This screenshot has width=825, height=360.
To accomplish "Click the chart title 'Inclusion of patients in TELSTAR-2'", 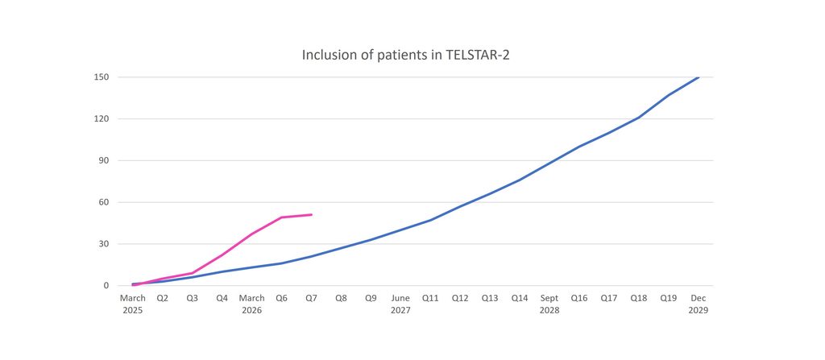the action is (406, 55).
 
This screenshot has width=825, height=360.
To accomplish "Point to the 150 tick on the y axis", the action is (101, 77).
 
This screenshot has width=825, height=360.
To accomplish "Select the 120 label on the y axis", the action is (101, 119).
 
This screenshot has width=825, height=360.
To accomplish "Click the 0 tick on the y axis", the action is (106, 286).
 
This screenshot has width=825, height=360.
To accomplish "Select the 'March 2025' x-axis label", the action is (133, 304).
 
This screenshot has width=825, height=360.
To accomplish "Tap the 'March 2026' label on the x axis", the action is (252, 304).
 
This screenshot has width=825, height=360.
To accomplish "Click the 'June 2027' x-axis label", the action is (400, 304).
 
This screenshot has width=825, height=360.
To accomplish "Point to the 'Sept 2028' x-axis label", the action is (549, 304).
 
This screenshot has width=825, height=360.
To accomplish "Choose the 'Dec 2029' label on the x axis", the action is (699, 304).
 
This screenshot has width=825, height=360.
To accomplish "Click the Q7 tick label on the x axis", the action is (312, 299).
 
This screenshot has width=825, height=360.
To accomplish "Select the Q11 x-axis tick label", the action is (430, 299).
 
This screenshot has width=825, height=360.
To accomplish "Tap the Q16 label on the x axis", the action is (579, 299).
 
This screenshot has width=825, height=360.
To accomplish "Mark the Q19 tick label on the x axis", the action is (669, 299).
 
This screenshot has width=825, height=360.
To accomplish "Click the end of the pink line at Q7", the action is (312, 215).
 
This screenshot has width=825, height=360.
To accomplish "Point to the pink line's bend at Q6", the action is (281, 217).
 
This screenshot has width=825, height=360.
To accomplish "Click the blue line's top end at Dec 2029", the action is (699, 77).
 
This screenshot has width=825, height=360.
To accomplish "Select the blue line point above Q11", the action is (430, 220).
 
